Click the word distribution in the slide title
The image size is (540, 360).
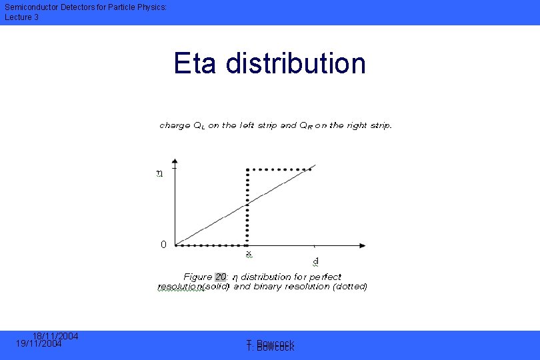point(296,64)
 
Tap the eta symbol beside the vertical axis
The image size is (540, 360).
point(159,174)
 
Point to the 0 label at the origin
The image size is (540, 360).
point(163,245)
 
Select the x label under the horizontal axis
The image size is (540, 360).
point(248,254)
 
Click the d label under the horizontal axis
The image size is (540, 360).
point(315,261)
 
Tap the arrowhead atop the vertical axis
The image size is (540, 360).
point(175,162)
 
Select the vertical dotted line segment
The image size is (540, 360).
point(248,207)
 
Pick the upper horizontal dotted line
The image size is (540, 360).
point(280,169)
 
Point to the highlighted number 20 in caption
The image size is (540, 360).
point(221,277)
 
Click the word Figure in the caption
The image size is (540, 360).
point(198,277)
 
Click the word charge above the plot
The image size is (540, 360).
point(175,125)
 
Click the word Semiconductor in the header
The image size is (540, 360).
point(31,7)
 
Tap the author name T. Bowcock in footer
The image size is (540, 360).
point(270,345)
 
